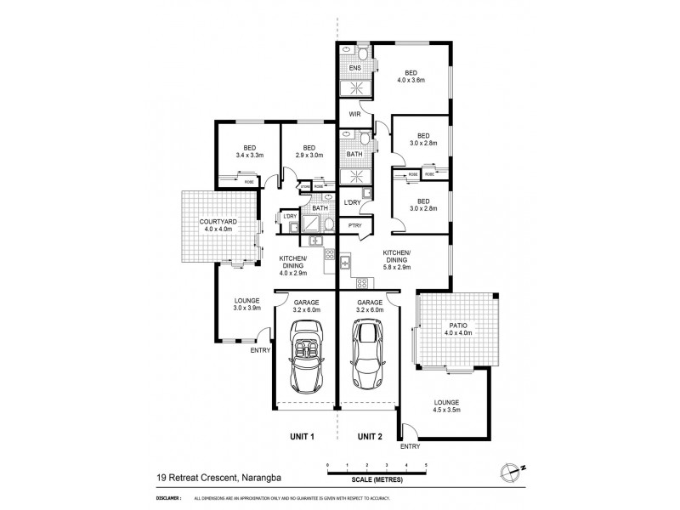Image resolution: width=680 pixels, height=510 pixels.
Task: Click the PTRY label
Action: coord(353,225)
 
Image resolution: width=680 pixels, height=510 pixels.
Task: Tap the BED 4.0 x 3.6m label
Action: coord(411,77)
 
